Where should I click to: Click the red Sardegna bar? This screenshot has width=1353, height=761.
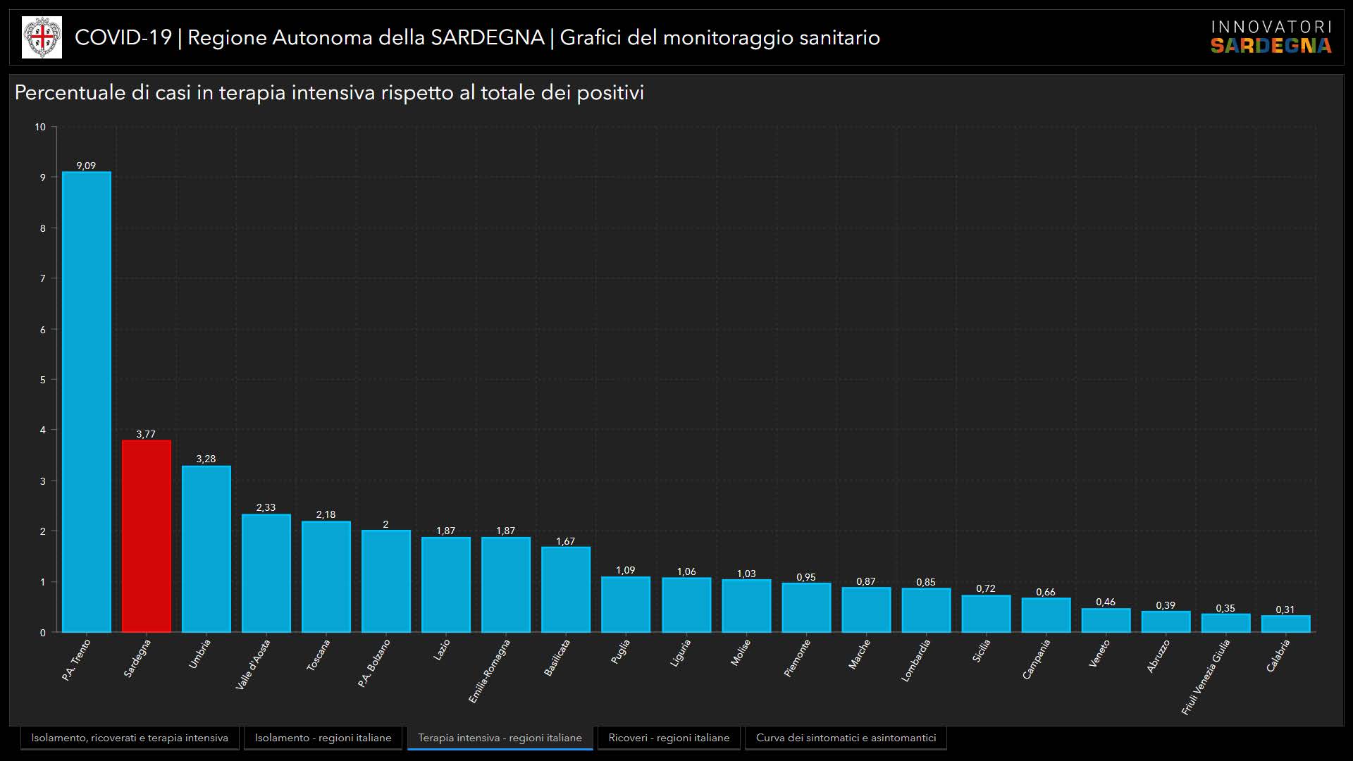point(146,536)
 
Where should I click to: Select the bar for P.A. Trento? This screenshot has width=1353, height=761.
point(86,402)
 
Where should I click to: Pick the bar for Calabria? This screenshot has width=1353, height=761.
point(1285,624)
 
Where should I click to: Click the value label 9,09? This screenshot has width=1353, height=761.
point(86,166)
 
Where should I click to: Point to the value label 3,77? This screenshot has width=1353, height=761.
point(146,434)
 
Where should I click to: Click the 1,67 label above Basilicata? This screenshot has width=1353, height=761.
point(565,541)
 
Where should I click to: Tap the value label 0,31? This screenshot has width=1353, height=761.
point(1285,610)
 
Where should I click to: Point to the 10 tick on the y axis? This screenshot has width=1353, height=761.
point(40,127)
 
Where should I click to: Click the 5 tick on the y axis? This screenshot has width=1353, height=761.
point(43,380)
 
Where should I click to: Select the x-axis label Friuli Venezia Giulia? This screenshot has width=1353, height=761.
point(1206,676)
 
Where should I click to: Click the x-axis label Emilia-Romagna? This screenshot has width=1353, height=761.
point(489,671)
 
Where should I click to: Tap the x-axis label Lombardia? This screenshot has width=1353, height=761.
point(916,660)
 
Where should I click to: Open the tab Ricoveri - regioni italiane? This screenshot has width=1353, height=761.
point(669,738)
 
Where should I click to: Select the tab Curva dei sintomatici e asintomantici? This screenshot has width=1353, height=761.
point(846,738)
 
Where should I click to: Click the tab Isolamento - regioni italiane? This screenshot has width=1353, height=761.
point(323,738)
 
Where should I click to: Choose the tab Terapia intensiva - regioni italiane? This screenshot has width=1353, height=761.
point(500,738)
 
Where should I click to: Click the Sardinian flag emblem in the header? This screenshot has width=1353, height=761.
point(42,37)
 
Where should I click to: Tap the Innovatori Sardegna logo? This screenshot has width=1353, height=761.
point(1271,37)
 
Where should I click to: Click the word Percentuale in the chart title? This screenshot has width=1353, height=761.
point(70,93)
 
